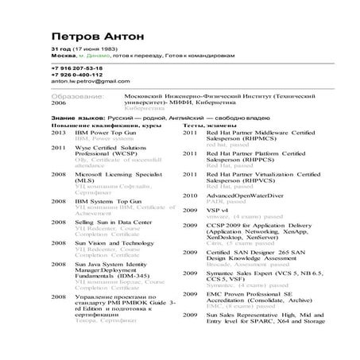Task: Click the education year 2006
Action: tap(59, 103)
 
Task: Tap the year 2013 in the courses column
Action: tap(59, 133)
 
